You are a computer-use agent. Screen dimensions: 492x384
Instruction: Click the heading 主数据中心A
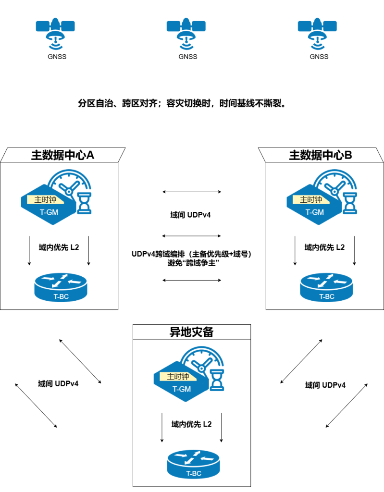[x=62, y=155]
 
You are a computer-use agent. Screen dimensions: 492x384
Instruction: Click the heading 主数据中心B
[x=321, y=155]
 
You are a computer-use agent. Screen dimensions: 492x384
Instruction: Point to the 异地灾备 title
[x=192, y=332]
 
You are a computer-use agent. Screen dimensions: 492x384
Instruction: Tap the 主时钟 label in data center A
[x=45, y=199]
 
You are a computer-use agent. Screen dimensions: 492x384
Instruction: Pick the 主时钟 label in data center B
[x=311, y=199]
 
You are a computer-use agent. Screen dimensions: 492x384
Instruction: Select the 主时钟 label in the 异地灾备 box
[x=178, y=377]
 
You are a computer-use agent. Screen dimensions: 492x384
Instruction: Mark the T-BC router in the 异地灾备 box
[x=194, y=465]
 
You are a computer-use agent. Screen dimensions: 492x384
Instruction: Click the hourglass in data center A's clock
[x=85, y=202]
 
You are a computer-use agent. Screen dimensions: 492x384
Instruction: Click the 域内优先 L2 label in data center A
[x=59, y=247]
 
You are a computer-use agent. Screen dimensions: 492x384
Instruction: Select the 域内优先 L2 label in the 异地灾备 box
[x=191, y=424]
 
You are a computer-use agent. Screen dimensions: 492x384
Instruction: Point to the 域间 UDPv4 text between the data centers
[x=192, y=215]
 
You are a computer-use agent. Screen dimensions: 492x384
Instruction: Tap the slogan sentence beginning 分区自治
[x=182, y=103]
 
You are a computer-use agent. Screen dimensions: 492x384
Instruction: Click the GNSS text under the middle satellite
[x=187, y=57]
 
